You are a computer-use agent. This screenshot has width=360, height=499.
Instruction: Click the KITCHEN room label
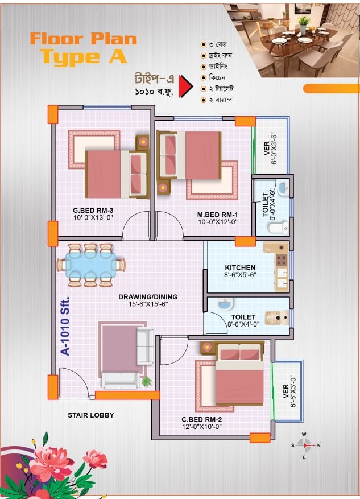pyautogui.click(x=240, y=267)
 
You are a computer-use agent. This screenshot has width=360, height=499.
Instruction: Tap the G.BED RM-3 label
pyautogui.click(x=93, y=211)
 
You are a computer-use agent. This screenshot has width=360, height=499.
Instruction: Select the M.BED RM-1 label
pyautogui.click(x=217, y=215)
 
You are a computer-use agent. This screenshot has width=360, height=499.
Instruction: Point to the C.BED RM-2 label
pyautogui.click(x=202, y=419)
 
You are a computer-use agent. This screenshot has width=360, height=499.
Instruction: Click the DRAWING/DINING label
pyautogui.click(x=148, y=297)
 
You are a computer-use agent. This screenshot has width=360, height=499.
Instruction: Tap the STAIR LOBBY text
pyautogui.click(x=91, y=415)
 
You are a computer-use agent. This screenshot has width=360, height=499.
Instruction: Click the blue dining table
pyautogui.click(x=91, y=265)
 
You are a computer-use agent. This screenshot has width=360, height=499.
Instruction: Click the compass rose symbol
pyautogui.click(x=305, y=446)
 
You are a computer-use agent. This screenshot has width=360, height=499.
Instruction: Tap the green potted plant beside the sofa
pyautogui.click(x=146, y=381)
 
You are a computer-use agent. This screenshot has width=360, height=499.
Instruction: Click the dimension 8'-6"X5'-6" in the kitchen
pyautogui.click(x=240, y=275)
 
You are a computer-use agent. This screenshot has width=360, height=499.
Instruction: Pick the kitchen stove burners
pyautogui.click(x=282, y=259)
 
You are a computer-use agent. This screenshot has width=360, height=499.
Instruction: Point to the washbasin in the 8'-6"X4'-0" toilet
pyautogui.click(x=225, y=304)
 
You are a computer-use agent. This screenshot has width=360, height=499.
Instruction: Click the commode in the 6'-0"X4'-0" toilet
pyautogui.click(x=278, y=228)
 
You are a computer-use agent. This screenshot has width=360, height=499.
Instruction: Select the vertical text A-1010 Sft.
pyautogui.click(x=65, y=326)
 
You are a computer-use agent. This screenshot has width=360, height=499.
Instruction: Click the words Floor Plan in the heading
pyautogui.click(x=84, y=39)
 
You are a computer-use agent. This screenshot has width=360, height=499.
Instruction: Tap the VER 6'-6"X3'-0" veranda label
pyautogui.click(x=289, y=391)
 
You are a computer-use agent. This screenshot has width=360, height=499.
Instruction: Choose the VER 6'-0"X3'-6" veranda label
pyautogui.click(x=270, y=149)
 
